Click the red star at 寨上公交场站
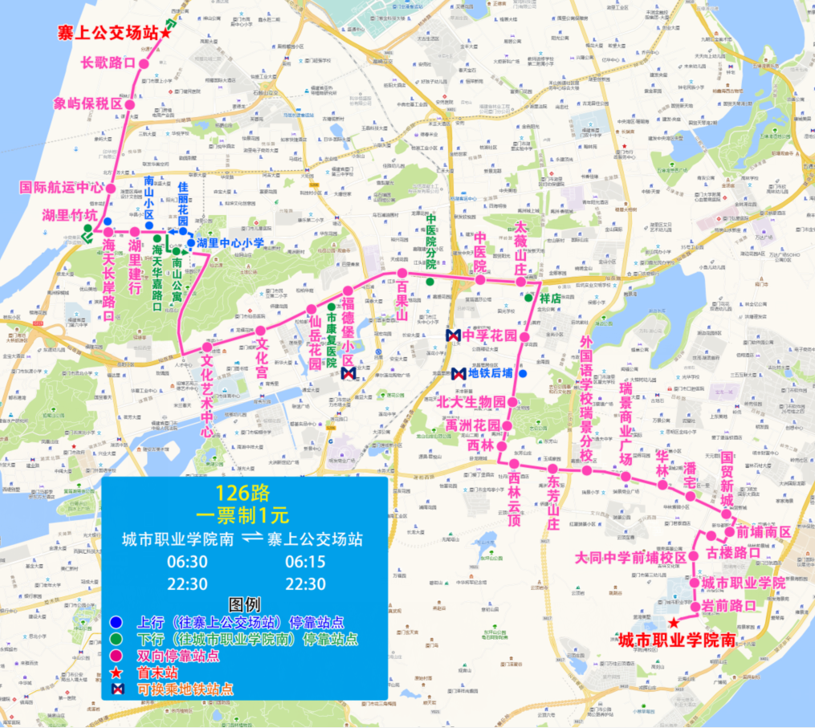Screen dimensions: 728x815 pos(166,33)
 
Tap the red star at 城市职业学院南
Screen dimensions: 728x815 pos(673,624)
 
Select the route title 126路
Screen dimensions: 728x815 pos(242,490)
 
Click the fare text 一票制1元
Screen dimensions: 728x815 pos(242,511)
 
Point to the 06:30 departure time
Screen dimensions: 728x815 pos(187,562)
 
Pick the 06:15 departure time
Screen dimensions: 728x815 pos(305,562)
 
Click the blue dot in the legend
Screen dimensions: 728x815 pos(118,621)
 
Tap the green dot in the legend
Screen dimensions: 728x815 pos(118,639)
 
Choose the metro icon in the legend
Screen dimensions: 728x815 pos(118,689)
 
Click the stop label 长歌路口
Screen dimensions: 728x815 pos(108,62)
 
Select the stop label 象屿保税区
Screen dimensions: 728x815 pos(88,104)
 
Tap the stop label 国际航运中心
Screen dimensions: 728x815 pos(62,188)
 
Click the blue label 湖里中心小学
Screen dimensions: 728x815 pos(230,242)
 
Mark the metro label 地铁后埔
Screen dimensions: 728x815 pos(491,373)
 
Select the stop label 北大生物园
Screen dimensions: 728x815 pos(472,401)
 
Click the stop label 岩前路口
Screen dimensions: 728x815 pos(728,605)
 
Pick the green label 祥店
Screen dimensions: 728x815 pos(549,298)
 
